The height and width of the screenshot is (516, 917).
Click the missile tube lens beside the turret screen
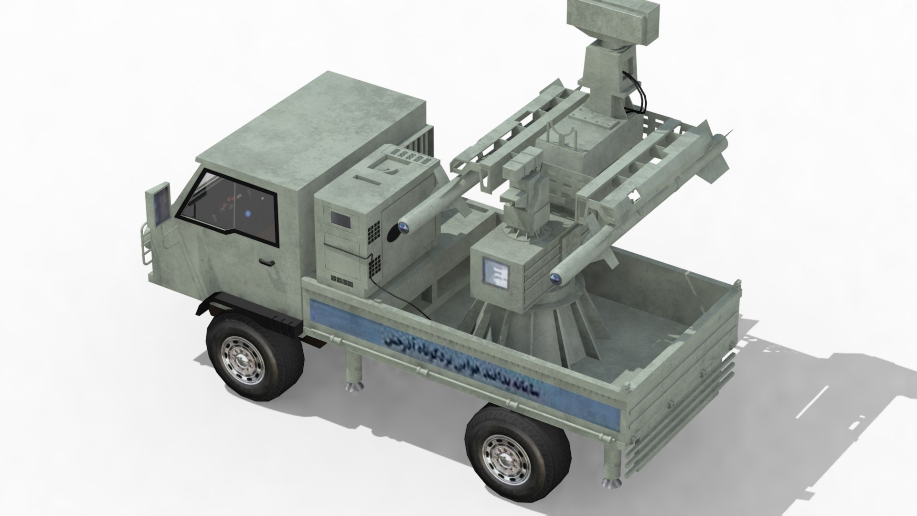pyautogui.click(x=555, y=278)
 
